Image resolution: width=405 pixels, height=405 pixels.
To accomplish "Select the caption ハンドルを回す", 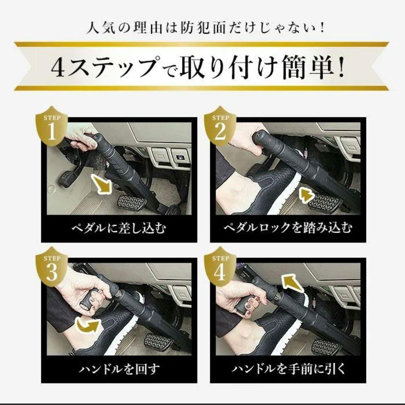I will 119,369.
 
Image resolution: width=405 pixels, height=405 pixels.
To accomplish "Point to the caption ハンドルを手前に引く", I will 288,369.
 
